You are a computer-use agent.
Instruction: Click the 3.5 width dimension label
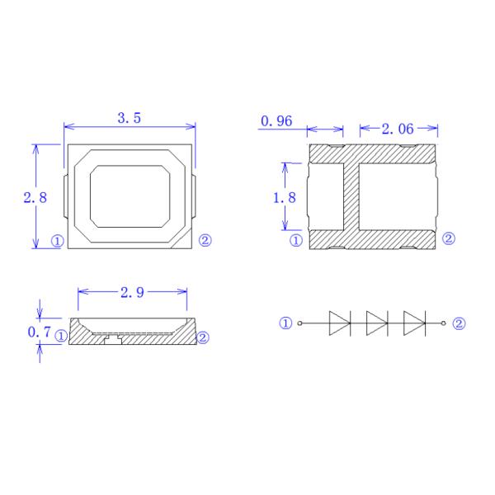pyautogui.click(x=130, y=118)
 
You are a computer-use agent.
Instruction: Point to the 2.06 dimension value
pyautogui.click(x=398, y=129)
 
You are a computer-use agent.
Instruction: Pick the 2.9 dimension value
pyautogui.click(x=132, y=292)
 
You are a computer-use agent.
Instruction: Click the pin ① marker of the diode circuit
pyautogui.click(x=285, y=323)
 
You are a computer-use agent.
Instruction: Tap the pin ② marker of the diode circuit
pyautogui.click(x=459, y=323)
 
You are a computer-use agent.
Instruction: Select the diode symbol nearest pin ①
pyautogui.click(x=340, y=323)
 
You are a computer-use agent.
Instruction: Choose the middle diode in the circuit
pyautogui.click(x=377, y=323)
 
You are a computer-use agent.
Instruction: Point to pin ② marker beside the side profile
pyautogui.click(x=203, y=337)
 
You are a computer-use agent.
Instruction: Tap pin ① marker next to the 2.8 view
pyautogui.click(x=57, y=241)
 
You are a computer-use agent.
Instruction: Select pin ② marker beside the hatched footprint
pyautogui.click(x=449, y=239)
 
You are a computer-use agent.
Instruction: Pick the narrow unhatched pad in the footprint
pyautogui.click(x=326, y=196)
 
